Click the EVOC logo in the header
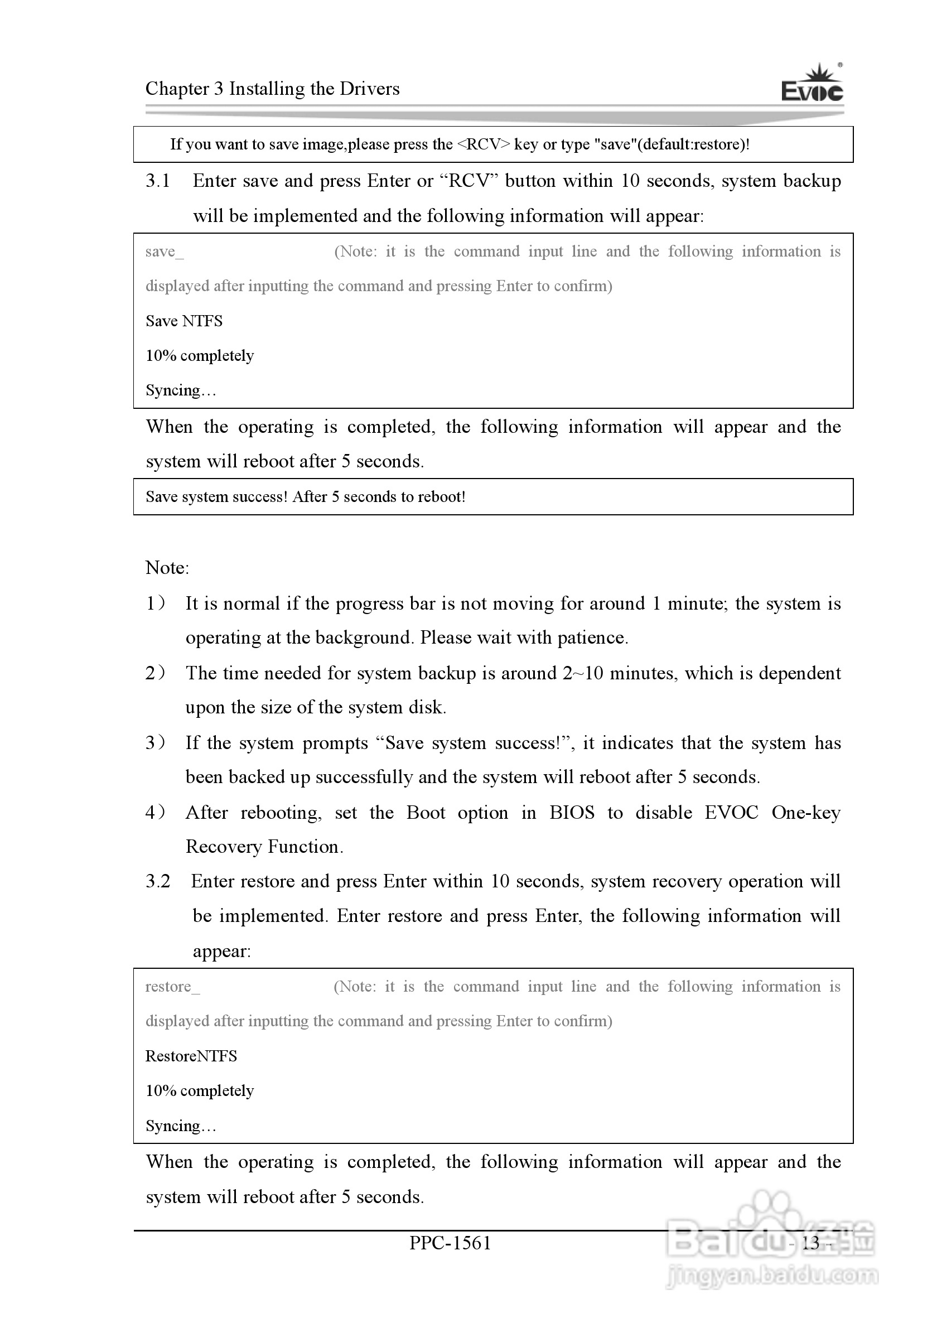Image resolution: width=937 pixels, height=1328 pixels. pyautogui.click(x=812, y=85)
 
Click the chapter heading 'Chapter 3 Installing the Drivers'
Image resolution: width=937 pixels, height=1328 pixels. pyautogui.click(x=272, y=89)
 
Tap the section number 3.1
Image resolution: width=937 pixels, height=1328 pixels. pyautogui.click(x=157, y=181)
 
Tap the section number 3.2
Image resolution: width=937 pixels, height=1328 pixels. pyautogui.click(x=157, y=881)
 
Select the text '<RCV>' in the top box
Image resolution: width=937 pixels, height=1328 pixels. pyautogui.click(x=484, y=144)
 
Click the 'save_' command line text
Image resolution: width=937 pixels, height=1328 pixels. pyautogui.click(x=165, y=252)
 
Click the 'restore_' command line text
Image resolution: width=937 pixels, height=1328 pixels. pyautogui.click(x=172, y=986)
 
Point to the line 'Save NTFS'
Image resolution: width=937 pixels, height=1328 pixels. pyautogui.click(x=184, y=321)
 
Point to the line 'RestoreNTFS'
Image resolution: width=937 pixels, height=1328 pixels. pyautogui.click(x=191, y=1056)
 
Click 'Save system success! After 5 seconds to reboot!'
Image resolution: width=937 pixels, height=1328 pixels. pyautogui.click(x=306, y=497)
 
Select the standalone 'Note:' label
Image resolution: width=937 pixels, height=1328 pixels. pyautogui.click(x=167, y=567)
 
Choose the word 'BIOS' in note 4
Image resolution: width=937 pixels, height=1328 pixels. pyautogui.click(x=572, y=812)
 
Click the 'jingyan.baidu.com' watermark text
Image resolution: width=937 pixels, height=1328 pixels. pyautogui.click(x=771, y=1276)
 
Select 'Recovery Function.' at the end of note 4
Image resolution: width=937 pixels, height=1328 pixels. pyautogui.click(x=264, y=847)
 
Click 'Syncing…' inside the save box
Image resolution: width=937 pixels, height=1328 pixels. pyautogui.click(x=181, y=390)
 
